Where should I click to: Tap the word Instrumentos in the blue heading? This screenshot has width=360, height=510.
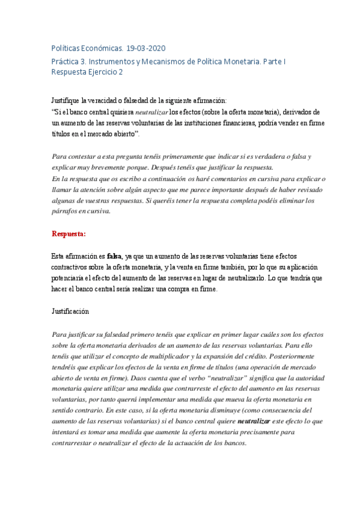(117, 61)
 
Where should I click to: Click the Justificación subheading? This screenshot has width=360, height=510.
(71, 312)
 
